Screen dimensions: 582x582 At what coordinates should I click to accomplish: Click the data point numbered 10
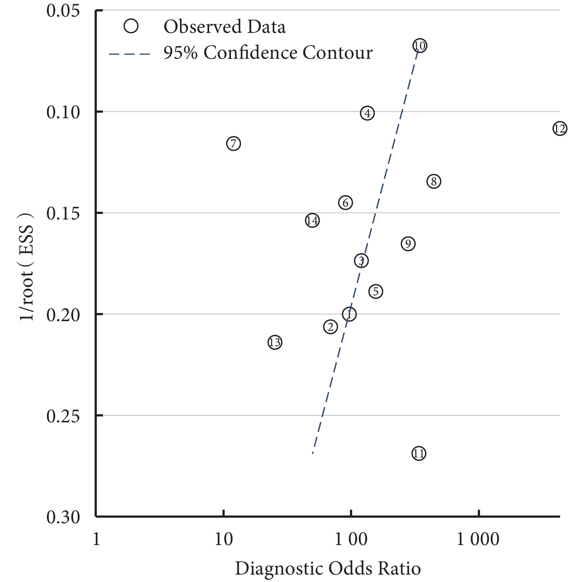point(419,46)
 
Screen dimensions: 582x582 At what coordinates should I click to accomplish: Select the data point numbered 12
point(560,129)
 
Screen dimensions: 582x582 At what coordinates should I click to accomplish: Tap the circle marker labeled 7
point(234,143)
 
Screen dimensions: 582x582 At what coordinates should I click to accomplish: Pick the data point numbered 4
point(367,113)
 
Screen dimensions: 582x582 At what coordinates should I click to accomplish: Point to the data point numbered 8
point(434,181)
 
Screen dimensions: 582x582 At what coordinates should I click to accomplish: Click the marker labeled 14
point(312,221)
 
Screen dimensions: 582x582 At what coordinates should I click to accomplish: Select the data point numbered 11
point(419,453)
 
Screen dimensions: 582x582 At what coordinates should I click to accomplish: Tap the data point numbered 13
point(275,343)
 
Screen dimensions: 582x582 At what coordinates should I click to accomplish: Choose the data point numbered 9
point(408,244)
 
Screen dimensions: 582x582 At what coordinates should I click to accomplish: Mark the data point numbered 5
point(376,292)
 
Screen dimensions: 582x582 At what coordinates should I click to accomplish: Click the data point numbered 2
point(330,327)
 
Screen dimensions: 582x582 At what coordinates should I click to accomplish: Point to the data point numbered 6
point(346,202)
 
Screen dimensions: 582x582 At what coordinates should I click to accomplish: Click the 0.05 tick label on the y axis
point(63,10)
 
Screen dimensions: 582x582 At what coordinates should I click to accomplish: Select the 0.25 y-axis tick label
point(63,416)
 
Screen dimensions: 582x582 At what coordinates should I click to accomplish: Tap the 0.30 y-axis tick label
point(63,517)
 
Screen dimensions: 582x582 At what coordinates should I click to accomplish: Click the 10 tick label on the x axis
point(224,540)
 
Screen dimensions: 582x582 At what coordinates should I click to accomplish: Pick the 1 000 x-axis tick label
point(478,540)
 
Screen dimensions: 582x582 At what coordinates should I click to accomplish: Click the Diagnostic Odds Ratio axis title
point(328,568)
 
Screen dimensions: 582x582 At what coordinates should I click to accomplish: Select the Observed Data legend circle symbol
point(131,27)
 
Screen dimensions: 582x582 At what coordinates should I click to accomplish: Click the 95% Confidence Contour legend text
point(268,52)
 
